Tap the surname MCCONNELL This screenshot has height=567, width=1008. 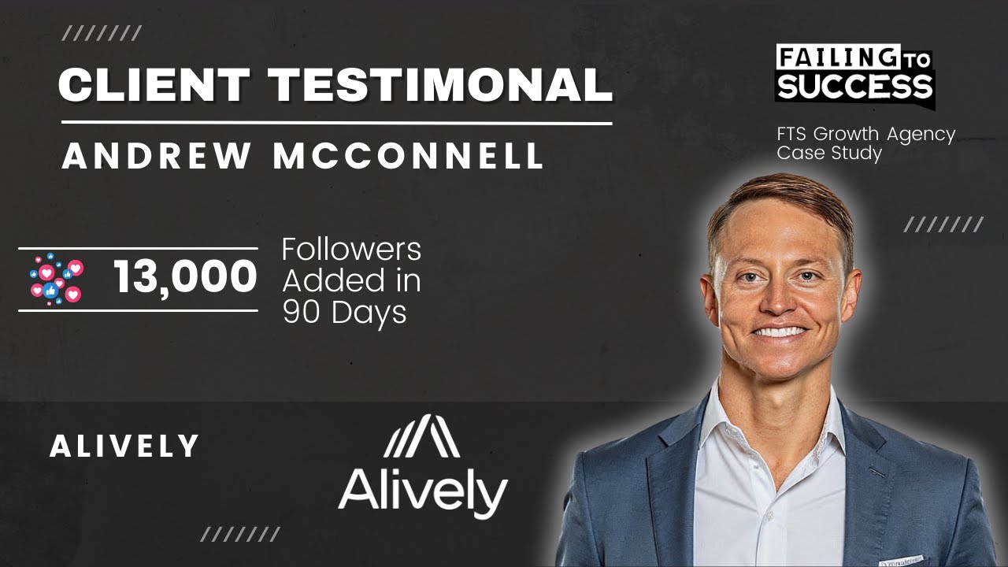408,155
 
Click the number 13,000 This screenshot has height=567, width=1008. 185,278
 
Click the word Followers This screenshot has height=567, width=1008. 351,250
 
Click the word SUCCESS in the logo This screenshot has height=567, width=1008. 854,85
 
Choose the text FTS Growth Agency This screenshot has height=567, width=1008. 865,135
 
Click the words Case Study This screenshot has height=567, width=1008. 829,153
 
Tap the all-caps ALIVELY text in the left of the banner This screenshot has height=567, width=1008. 124,447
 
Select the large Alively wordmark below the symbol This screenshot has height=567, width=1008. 423,491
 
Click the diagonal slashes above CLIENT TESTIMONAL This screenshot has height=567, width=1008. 102,33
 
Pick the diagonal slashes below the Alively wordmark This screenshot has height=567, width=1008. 239,535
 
